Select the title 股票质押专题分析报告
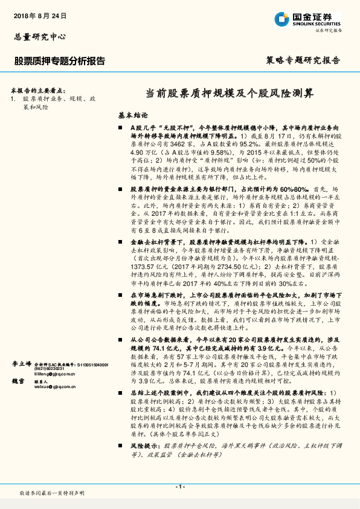(59, 61)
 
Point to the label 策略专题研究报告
(303, 60)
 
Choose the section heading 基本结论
(132, 114)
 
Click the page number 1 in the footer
(179, 486)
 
